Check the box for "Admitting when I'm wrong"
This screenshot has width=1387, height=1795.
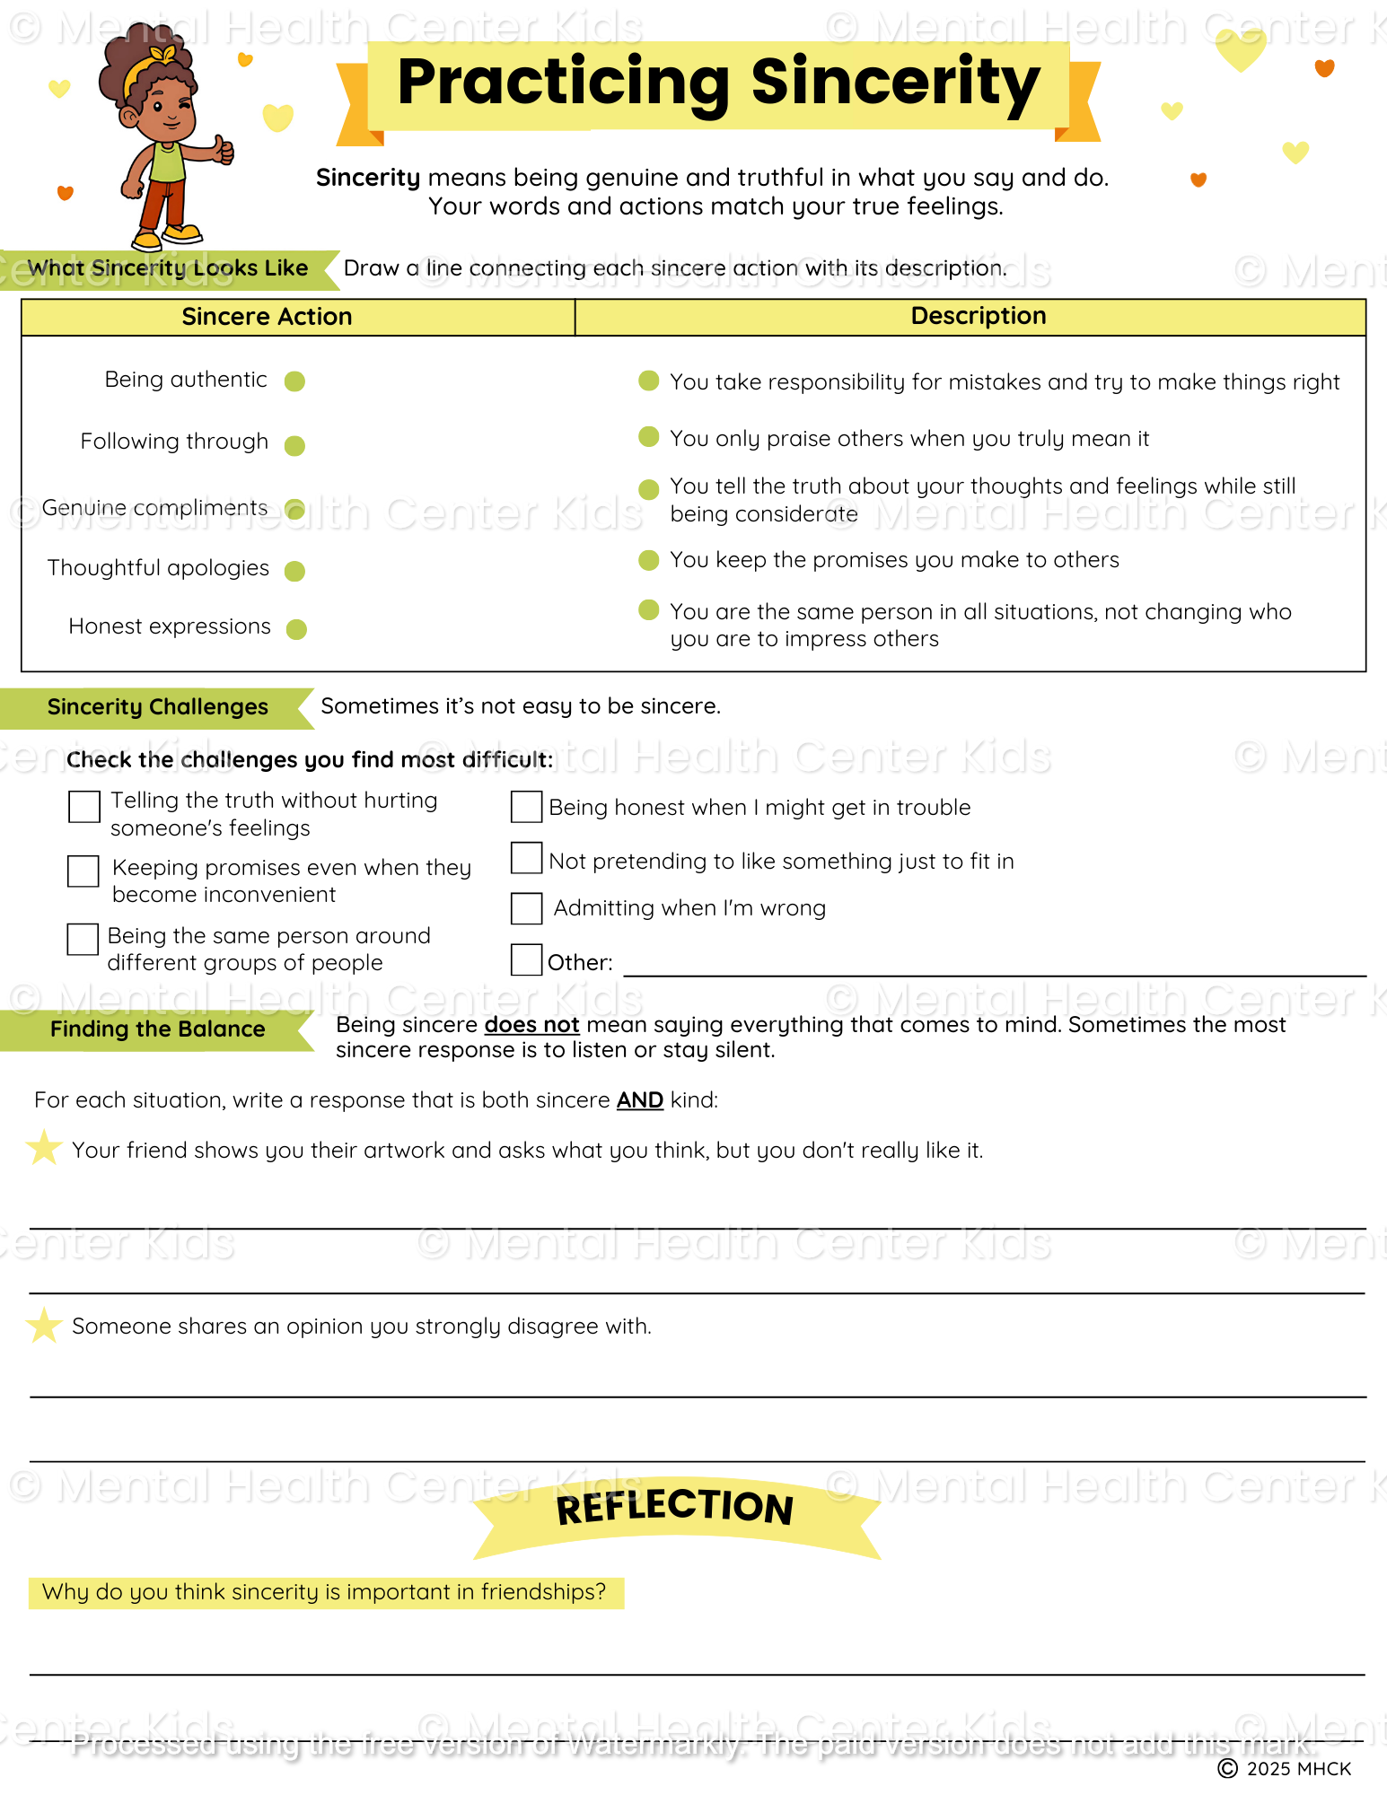(x=526, y=908)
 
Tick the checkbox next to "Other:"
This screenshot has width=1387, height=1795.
(x=526, y=959)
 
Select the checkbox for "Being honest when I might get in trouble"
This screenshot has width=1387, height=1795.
(x=526, y=807)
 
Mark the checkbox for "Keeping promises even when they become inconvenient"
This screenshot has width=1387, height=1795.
(x=83, y=871)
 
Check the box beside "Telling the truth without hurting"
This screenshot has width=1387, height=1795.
(x=84, y=807)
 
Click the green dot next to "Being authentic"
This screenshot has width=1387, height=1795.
(x=294, y=381)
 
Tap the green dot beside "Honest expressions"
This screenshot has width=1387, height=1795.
(x=296, y=629)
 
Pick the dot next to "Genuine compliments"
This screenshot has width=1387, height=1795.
(x=294, y=510)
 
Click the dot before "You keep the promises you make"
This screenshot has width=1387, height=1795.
(x=648, y=561)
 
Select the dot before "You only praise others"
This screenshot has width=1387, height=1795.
(x=648, y=437)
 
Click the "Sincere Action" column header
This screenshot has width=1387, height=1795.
(x=267, y=317)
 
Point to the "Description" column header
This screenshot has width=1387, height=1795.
(x=978, y=316)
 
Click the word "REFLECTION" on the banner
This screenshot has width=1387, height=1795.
(x=674, y=1508)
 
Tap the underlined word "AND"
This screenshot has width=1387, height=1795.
(x=639, y=1100)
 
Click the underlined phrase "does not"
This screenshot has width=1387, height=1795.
(x=531, y=1025)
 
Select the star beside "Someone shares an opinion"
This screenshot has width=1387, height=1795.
(x=43, y=1326)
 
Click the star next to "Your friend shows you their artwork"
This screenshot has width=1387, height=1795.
(x=43, y=1148)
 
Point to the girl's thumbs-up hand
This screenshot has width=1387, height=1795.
(x=222, y=149)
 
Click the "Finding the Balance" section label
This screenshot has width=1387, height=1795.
(x=157, y=1029)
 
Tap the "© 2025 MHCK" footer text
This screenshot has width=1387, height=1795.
(x=1285, y=1768)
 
